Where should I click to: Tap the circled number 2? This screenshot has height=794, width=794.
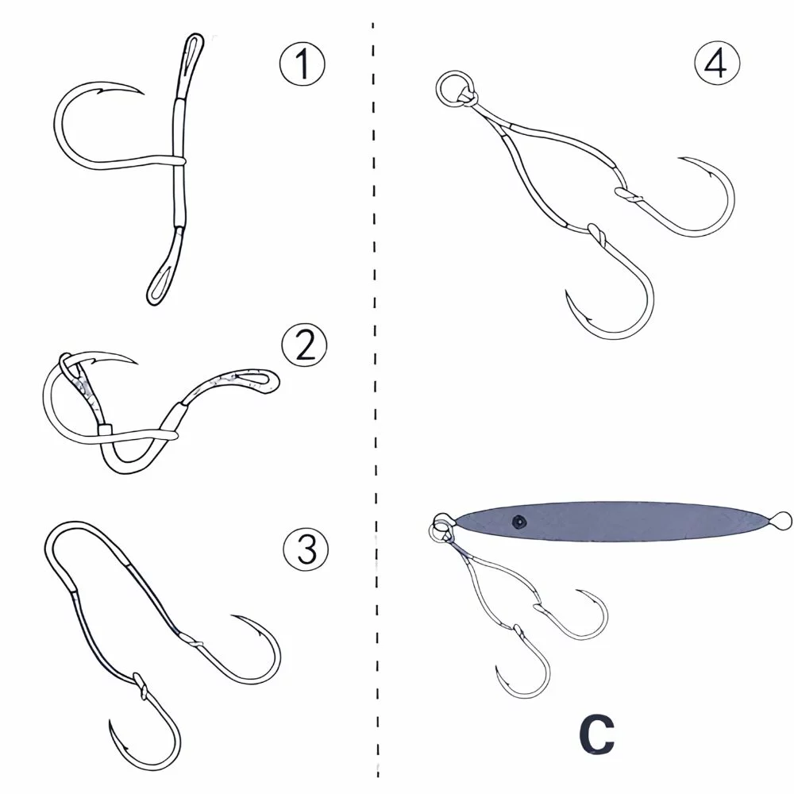click(304, 347)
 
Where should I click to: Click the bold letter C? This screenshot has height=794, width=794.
click(595, 736)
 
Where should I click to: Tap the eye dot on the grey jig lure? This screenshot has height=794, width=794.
click(519, 521)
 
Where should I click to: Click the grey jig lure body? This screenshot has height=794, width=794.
click(619, 522)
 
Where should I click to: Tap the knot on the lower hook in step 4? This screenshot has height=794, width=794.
click(597, 233)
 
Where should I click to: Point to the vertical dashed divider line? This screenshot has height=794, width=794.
click(374, 397)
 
